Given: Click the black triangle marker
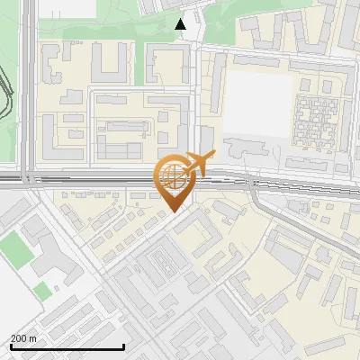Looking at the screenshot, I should (x=181, y=24).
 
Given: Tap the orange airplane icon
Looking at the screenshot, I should (x=200, y=163).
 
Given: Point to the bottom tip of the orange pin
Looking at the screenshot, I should (x=174, y=211).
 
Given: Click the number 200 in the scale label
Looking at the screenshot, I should (x=19, y=338).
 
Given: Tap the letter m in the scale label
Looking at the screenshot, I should (x=33, y=338).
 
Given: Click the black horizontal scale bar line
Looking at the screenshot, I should (x=67, y=347).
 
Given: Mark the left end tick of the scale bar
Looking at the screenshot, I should (x=11, y=346).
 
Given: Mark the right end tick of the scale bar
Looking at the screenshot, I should (x=123, y=346).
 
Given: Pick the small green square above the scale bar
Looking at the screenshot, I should (x=42, y=291).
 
